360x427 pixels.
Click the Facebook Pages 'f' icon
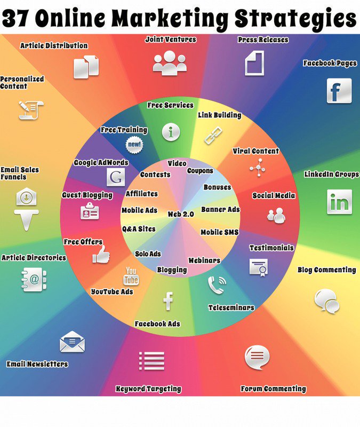(339, 91)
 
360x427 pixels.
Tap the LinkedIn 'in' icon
(339, 202)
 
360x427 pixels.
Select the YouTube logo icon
(131, 277)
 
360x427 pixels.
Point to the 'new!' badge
(134, 144)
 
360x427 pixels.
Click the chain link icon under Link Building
(213, 135)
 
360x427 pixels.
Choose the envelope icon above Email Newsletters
(72, 342)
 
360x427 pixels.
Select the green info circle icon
(171, 132)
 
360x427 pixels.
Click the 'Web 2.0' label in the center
(181, 214)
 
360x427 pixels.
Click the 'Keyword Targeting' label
(149, 389)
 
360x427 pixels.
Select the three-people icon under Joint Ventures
(170, 62)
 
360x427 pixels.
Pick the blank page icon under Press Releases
(254, 64)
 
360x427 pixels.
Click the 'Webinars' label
(204, 260)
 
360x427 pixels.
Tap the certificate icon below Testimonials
(258, 266)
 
